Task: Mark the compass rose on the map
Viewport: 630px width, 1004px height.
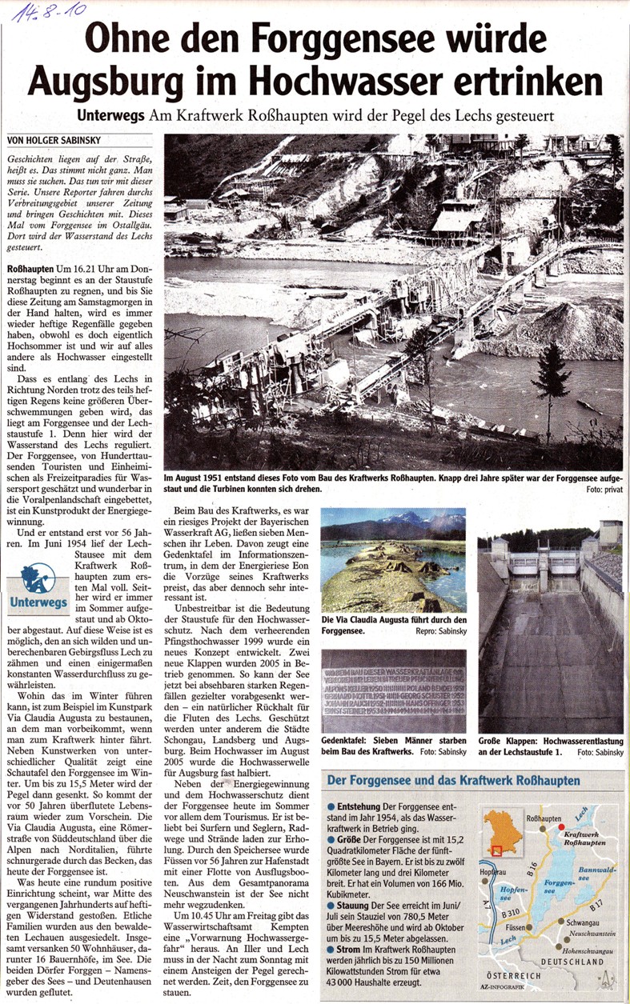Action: click(608, 978)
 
